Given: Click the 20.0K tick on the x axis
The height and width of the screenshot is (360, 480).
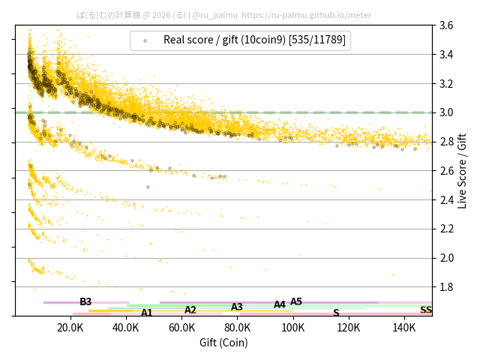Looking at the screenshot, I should coord(70,328).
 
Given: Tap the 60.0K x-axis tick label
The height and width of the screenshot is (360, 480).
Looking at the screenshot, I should coord(181,328).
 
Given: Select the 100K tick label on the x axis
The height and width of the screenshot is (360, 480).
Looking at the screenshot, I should coord(293,328).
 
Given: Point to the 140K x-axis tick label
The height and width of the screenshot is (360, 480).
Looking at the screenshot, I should coord(404,328).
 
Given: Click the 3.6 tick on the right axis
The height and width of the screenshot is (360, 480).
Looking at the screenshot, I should coord(446,25).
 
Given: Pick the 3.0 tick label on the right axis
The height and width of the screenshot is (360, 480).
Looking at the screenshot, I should coord(446,112).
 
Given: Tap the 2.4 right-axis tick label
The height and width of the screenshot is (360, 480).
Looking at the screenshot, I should coord(446,199).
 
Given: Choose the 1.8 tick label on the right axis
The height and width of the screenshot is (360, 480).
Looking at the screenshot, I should coord(446,286).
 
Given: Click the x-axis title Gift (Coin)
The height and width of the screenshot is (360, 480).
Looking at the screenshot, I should coord(223,343).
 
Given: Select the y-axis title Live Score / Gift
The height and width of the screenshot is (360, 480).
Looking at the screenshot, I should coord(462,170).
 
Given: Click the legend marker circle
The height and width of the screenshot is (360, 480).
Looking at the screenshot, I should coord(145,40).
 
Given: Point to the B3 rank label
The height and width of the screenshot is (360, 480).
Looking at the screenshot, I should coord(85,302).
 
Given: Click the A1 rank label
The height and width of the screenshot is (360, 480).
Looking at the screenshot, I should coord(147,313).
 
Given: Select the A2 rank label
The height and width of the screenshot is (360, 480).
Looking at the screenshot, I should coord(190,310).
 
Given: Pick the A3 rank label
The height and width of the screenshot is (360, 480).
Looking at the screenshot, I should coord(237,307).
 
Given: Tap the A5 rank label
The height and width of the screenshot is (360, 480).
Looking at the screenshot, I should coord(296,302).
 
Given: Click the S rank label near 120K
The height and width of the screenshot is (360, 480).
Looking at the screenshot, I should coord(336,313).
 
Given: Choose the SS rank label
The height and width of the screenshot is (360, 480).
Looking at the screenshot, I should coord(425,310).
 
